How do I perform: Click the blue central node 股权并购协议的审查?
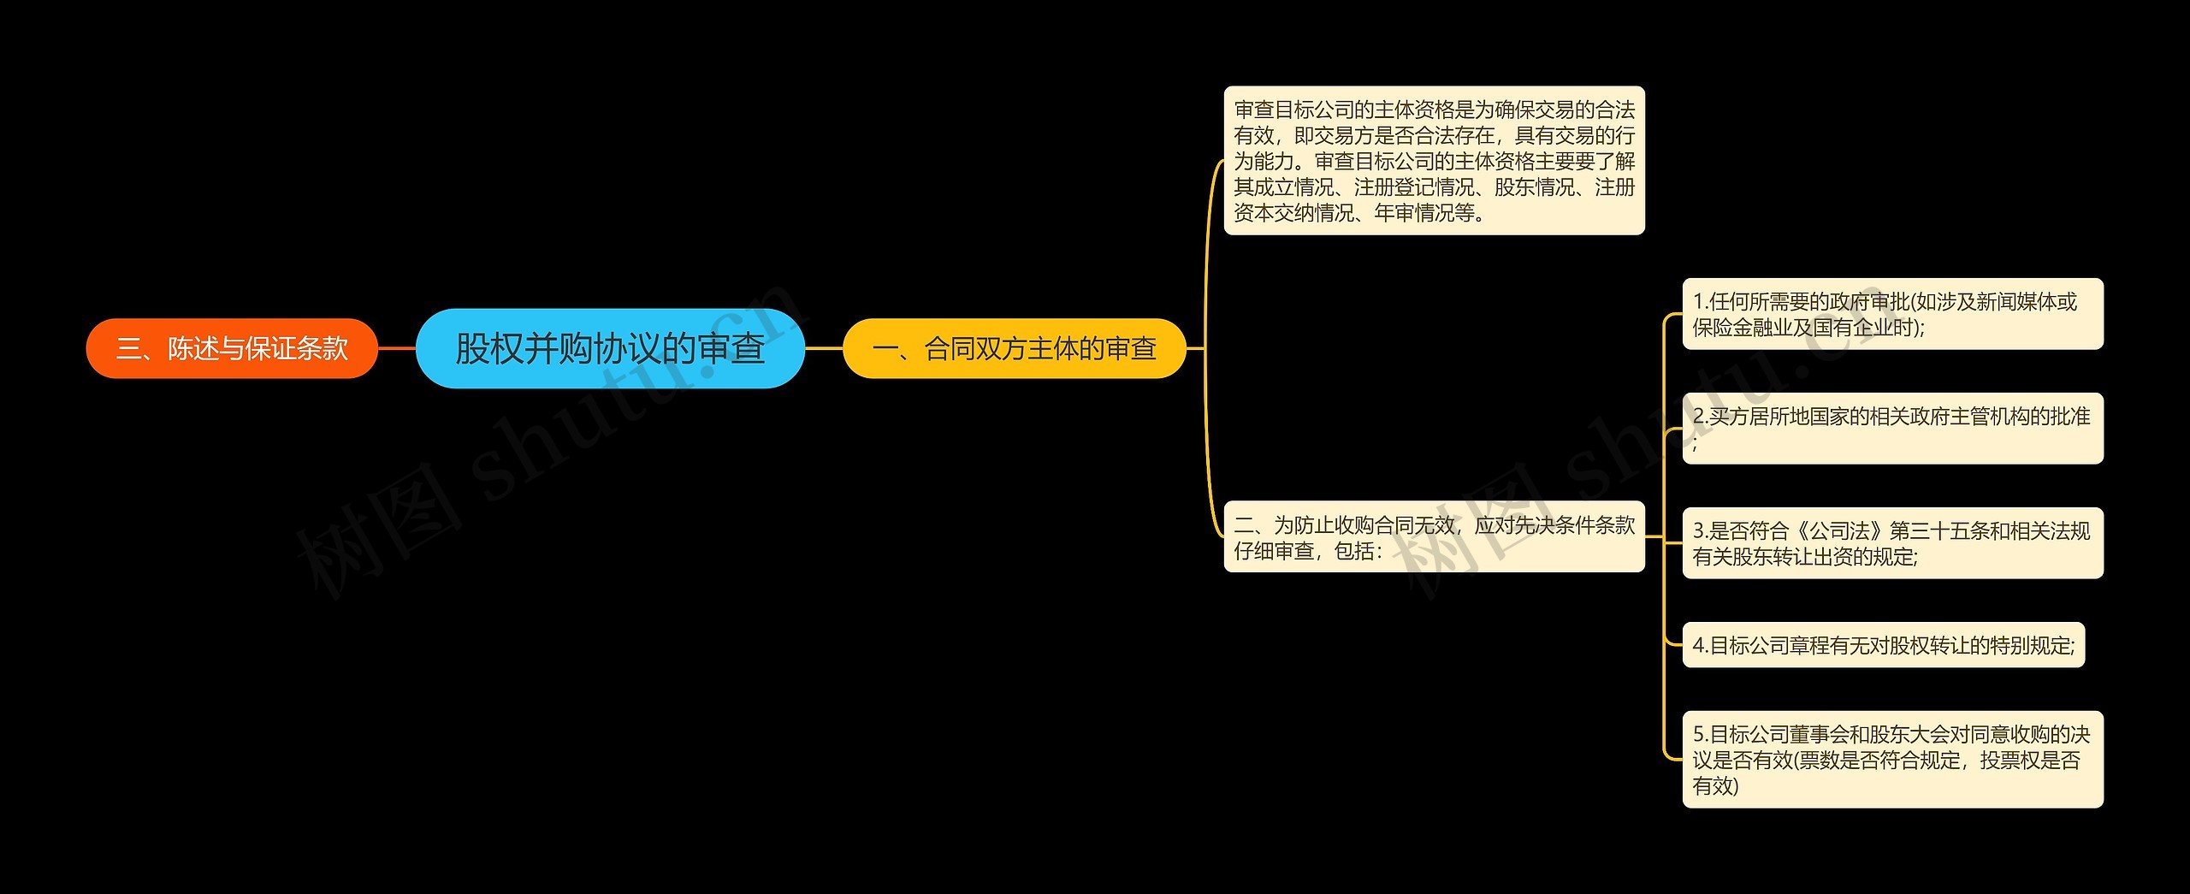pyautogui.click(x=610, y=348)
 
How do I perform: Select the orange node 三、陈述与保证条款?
pyautogui.click(x=232, y=348)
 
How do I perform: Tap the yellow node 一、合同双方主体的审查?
pyautogui.click(x=1015, y=348)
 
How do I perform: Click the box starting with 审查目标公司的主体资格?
pyautogui.click(x=1434, y=161)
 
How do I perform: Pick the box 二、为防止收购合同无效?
pyautogui.click(x=1434, y=537)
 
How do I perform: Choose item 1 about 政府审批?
pyautogui.click(x=1892, y=314)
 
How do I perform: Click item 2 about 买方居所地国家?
pyautogui.click(x=1892, y=429)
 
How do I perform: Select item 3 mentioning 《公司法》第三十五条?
pyautogui.click(x=1892, y=543)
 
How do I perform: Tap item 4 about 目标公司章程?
pyautogui.click(x=1883, y=645)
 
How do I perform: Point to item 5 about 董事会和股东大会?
pyautogui.click(x=1892, y=760)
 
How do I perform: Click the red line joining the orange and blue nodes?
pyautogui.click(x=397, y=348)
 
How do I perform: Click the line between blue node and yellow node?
pyautogui.click(x=824, y=348)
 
